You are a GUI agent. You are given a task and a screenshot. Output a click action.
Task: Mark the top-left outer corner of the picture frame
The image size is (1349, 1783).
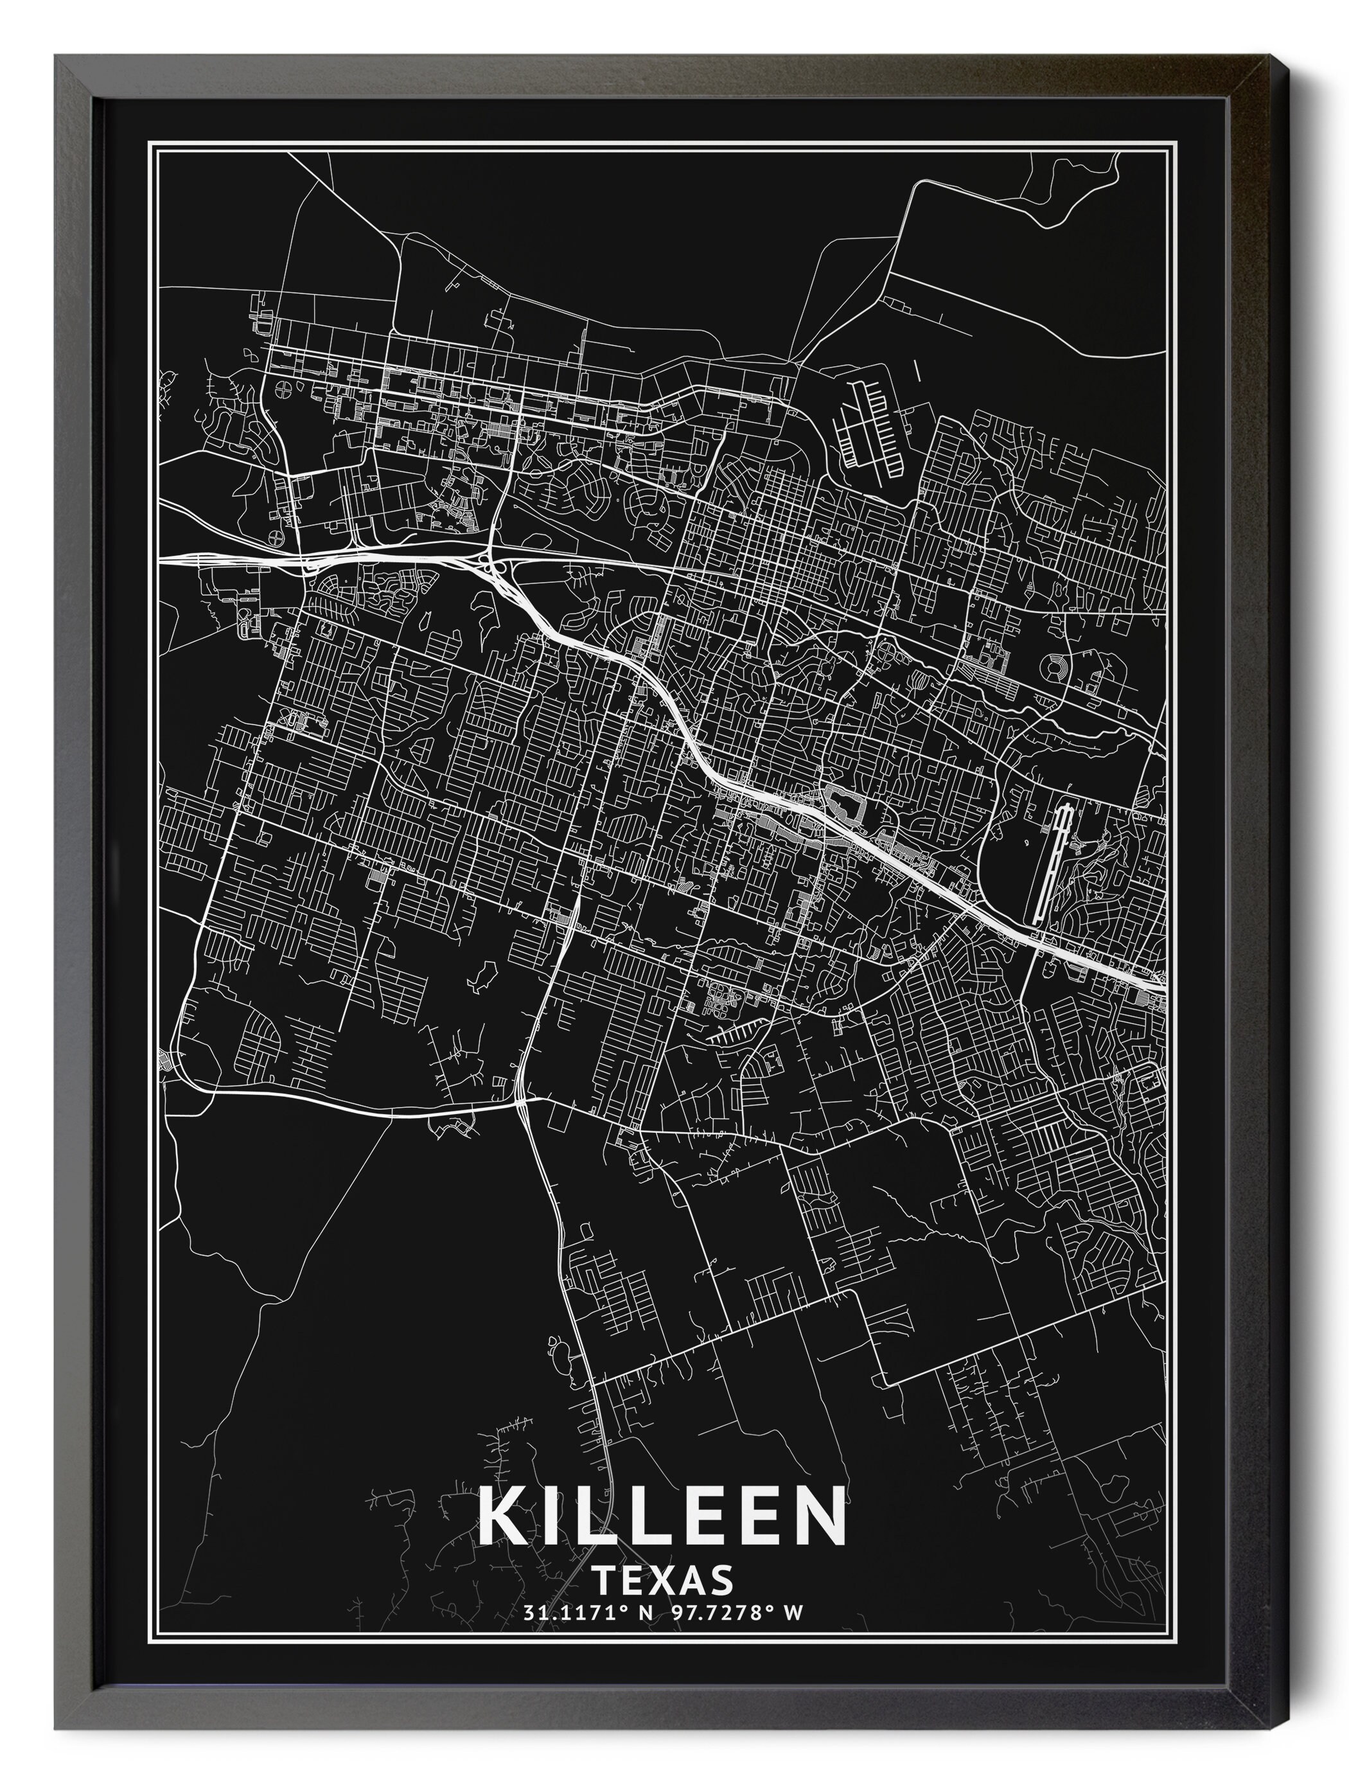click(55, 55)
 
